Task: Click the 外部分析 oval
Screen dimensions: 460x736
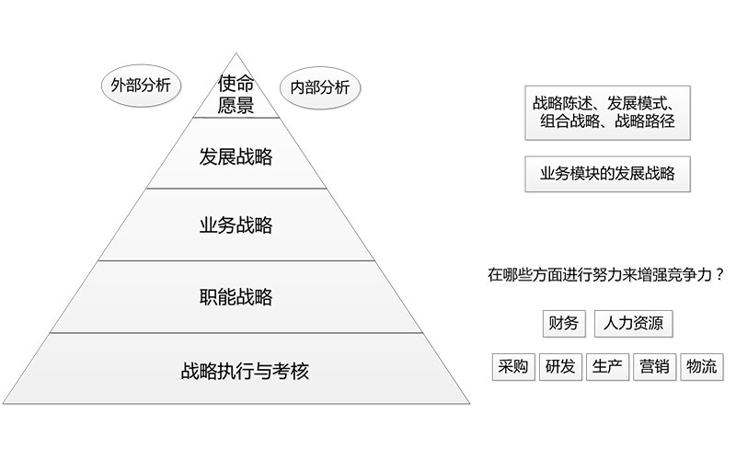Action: click(x=141, y=86)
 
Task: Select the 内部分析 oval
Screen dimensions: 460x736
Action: click(x=319, y=87)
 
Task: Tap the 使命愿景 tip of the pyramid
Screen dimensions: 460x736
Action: click(x=236, y=94)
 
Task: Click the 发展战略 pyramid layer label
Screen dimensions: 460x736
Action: click(x=236, y=155)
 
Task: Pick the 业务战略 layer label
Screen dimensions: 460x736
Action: click(x=236, y=225)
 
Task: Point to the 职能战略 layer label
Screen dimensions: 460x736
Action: click(x=236, y=297)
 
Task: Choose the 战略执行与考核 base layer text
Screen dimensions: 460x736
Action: click(x=245, y=372)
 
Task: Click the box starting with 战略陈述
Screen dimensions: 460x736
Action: click(x=607, y=112)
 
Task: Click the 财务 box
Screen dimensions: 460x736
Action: click(x=563, y=323)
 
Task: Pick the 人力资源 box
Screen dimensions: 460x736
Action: click(x=634, y=323)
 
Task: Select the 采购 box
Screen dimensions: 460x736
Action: click(x=512, y=367)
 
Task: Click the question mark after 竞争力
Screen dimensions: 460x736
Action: click(x=719, y=274)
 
